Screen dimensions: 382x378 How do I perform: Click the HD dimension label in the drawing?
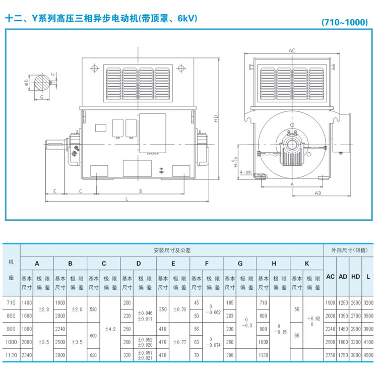click(x=216, y=120)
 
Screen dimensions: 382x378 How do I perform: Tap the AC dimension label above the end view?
click(x=291, y=51)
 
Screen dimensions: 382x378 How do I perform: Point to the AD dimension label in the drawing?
click(x=318, y=193)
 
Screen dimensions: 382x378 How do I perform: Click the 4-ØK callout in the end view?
click(x=245, y=172)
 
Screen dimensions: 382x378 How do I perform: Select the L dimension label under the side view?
click(x=126, y=200)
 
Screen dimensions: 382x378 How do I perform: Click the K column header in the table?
click(x=307, y=263)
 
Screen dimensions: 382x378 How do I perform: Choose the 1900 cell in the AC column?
click(x=330, y=302)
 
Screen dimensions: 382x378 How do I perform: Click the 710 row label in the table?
click(x=11, y=302)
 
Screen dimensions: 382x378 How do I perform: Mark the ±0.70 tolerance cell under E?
click(x=178, y=309)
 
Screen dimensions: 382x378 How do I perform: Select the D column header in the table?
click(x=138, y=263)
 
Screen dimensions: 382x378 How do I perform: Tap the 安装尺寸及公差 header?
click(x=172, y=250)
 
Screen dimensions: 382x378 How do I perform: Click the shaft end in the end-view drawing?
click(x=291, y=144)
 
